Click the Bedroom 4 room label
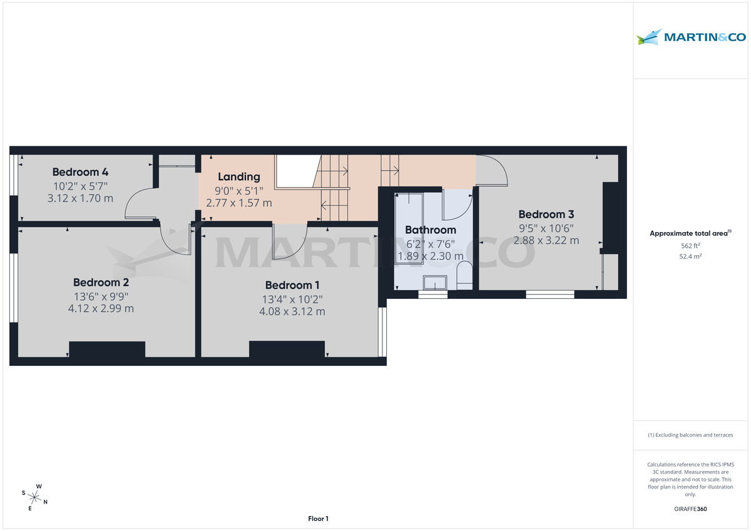click(x=80, y=172)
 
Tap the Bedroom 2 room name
click(x=101, y=282)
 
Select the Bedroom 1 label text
click(x=293, y=285)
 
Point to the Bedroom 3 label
click(x=546, y=215)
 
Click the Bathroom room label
click(x=431, y=230)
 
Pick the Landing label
click(x=239, y=177)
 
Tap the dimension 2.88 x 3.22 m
click(x=546, y=240)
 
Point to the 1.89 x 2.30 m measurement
click(x=431, y=256)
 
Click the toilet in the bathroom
click(x=464, y=276)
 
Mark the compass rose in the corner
click(x=35, y=497)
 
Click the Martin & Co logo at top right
click(x=691, y=38)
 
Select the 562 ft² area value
click(x=690, y=246)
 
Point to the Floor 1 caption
click(x=318, y=518)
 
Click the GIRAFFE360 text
click(x=690, y=509)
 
